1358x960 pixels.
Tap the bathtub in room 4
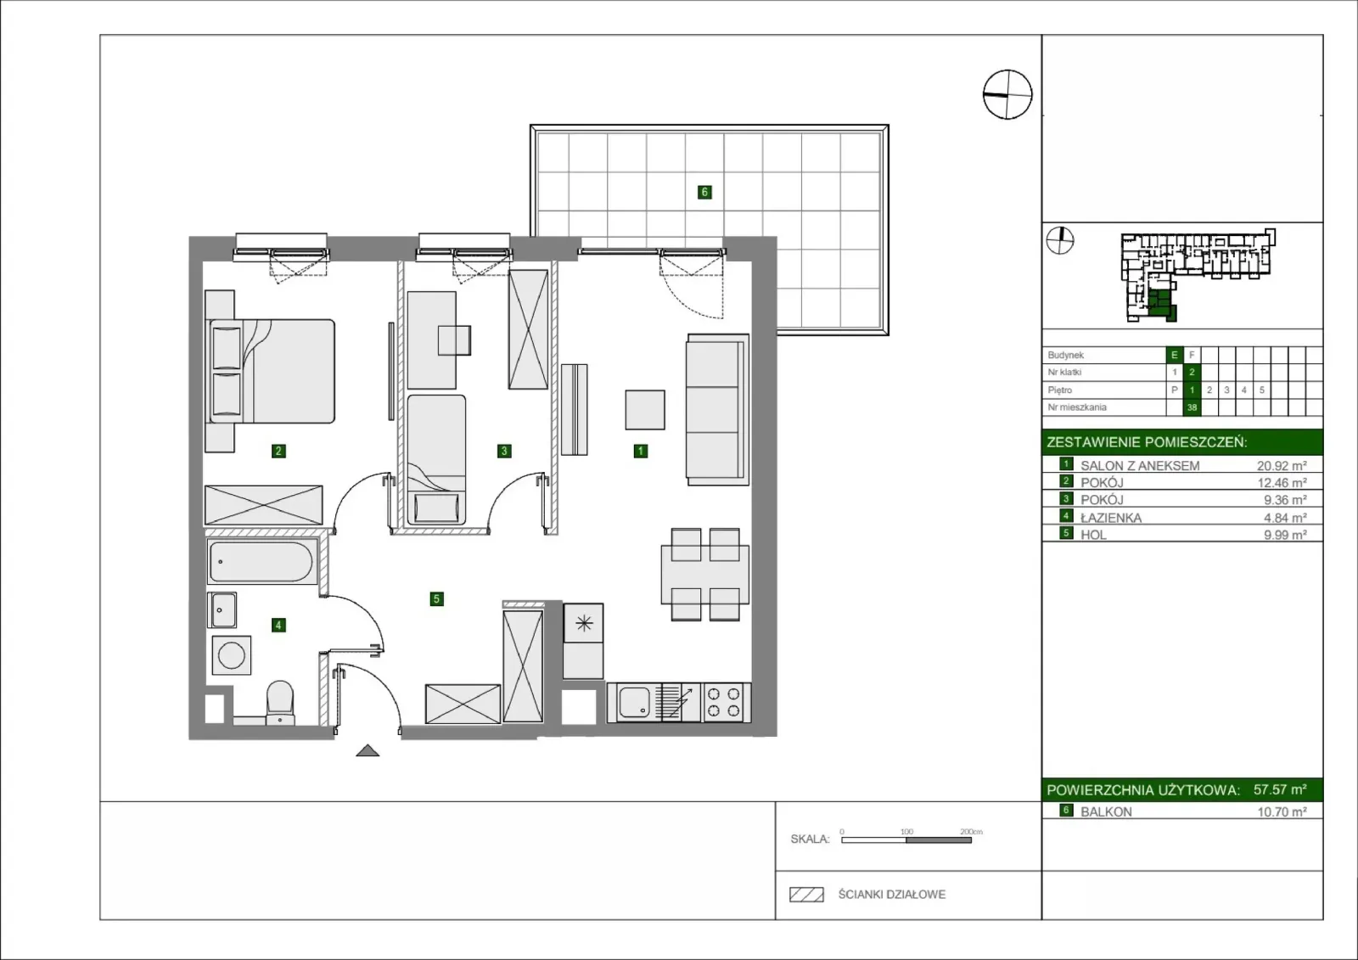pos(261,562)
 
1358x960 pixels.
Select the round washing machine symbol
pos(231,655)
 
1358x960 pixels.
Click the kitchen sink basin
pos(635,703)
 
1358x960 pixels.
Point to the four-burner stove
pos(725,702)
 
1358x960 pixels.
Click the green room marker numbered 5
pos(436,599)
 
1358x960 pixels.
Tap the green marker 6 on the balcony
pos(704,192)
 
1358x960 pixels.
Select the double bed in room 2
pos(271,371)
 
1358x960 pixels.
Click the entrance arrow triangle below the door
pos(368,751)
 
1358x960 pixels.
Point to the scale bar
pos(906,840)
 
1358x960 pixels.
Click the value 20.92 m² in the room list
pos(1282,466)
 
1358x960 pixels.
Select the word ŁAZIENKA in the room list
pos(1111,518)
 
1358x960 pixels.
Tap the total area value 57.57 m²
pos(1280,789)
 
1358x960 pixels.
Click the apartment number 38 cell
pos(1192,407)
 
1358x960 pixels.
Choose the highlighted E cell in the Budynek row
pos(1175,355)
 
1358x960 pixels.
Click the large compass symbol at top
pos(1007,94)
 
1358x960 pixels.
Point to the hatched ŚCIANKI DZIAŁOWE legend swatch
pos(806,895)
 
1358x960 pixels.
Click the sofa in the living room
pos(717,409)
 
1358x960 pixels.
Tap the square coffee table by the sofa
pos(645,410)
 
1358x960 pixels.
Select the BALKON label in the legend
pos(1106,812)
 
